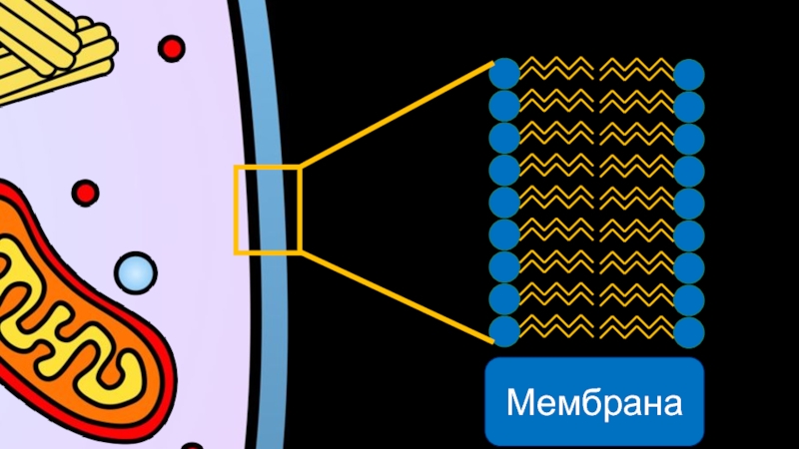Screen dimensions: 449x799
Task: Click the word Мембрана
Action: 594,404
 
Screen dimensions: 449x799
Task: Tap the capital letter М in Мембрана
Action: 521,404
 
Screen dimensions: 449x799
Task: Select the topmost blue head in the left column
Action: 504,74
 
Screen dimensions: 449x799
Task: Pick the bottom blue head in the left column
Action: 504,329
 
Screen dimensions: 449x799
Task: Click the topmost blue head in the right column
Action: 689,74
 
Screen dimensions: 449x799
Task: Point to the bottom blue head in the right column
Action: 689,329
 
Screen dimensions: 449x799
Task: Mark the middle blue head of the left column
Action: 504,203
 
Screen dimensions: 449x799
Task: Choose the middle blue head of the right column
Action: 689,203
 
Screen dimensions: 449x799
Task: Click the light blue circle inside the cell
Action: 135,270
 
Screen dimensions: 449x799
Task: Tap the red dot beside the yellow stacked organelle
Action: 172,47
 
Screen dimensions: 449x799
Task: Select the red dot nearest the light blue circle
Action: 86,192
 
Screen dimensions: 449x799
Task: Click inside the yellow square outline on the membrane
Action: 267,210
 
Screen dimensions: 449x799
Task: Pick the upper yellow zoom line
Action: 395,115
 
